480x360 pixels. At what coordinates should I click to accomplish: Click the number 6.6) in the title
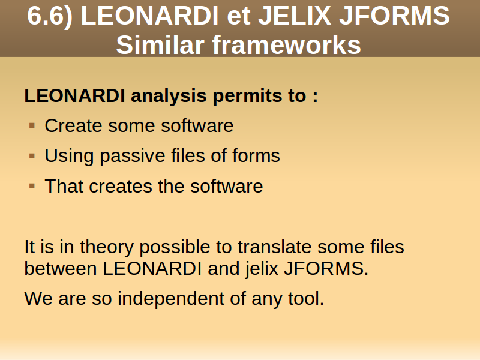coord(50,17)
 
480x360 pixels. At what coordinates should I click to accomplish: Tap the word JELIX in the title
coord(295,16)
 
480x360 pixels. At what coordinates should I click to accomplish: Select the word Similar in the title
coord(160,44)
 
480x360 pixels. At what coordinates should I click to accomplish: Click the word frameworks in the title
coord(287,44)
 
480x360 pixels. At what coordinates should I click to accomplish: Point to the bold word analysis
coord(169,97)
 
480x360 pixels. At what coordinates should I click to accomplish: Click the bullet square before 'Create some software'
coord(32,125)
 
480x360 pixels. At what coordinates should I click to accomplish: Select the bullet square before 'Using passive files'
coord(32,156)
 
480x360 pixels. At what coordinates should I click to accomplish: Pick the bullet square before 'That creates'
coord(32,186)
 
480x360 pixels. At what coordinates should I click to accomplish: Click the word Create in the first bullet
coord(73,125)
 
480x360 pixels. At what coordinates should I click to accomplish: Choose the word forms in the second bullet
coord(256,155)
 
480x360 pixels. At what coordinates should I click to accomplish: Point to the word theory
coord(107,248)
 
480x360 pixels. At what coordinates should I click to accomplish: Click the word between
coord(61,268)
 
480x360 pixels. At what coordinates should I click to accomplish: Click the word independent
coord(171,299)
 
